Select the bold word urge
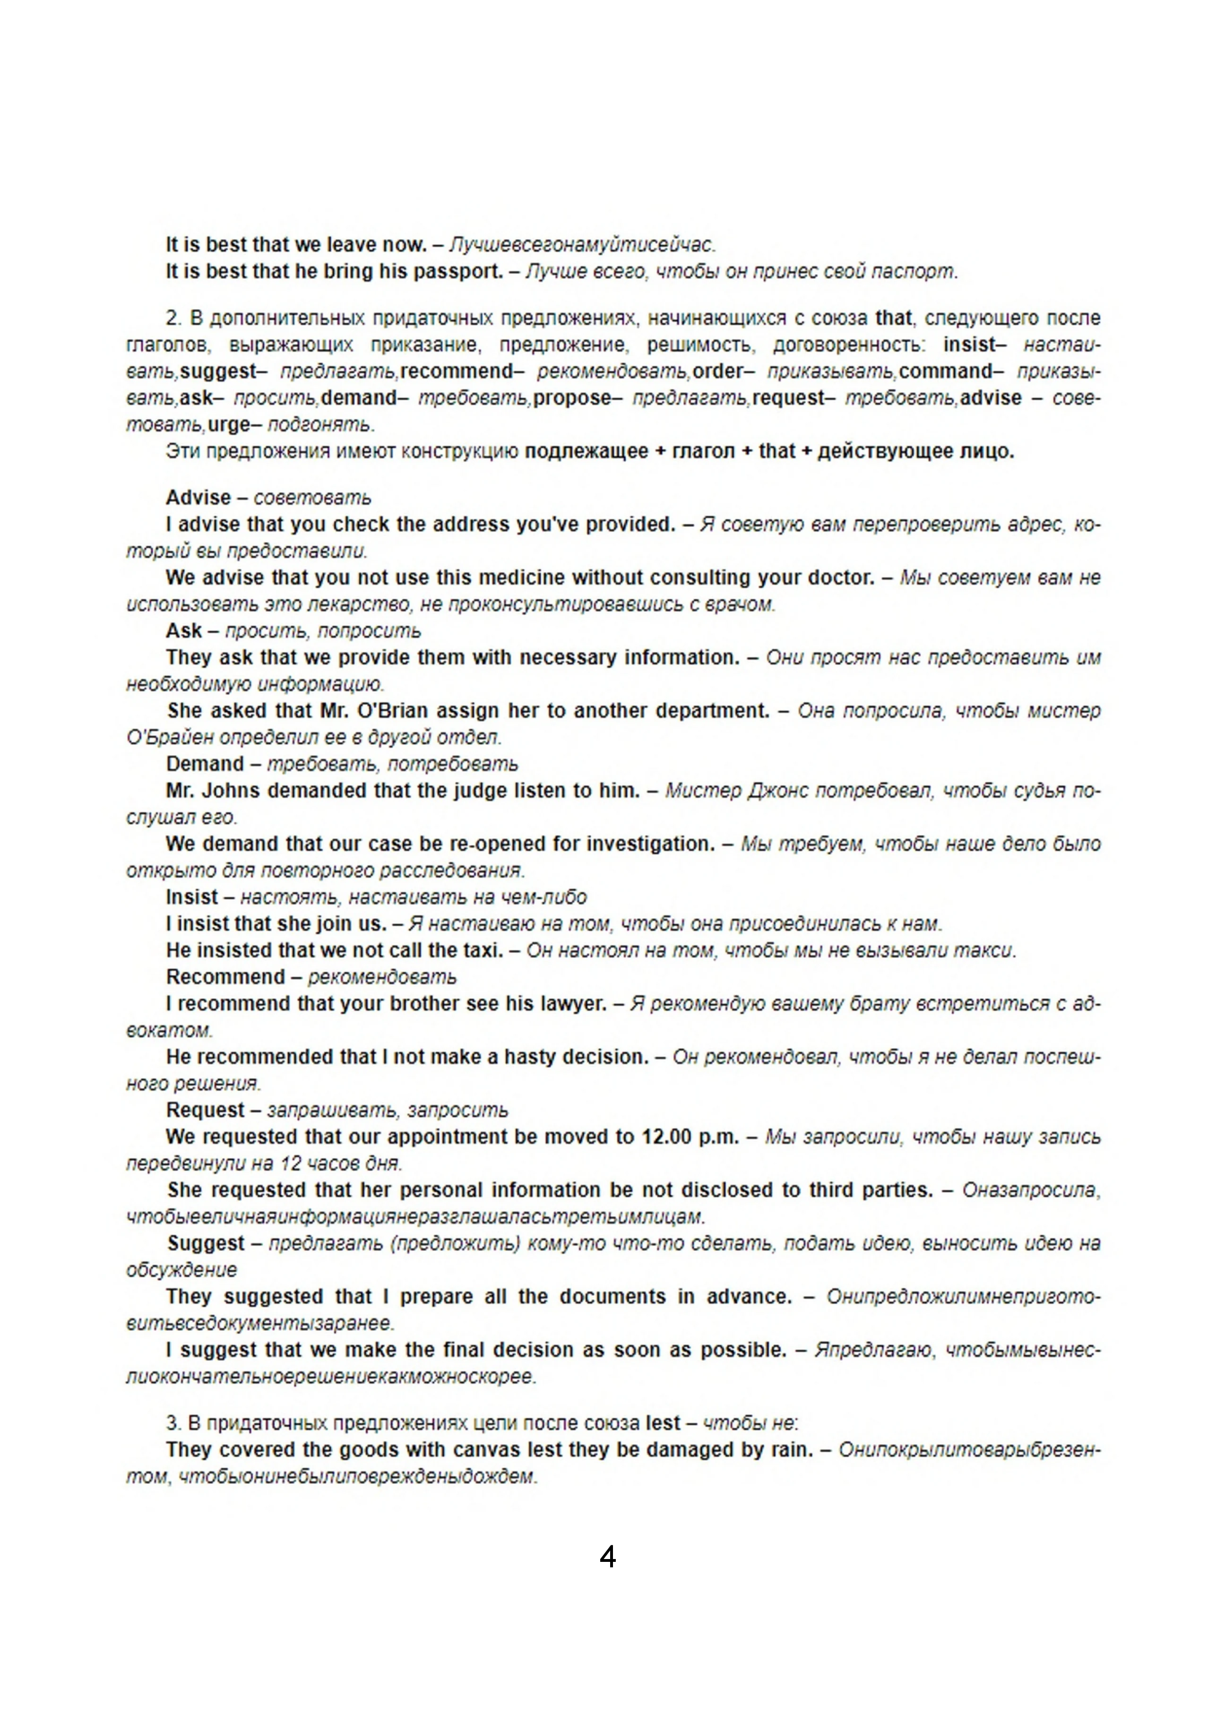pyautogui.click(x=229, y=425)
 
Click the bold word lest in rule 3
pyautogui.click(x=663, y=1423)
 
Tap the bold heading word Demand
pyautogui.click(x=205, y=764)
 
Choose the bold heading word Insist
pyautogui.click(x=192, y=897)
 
